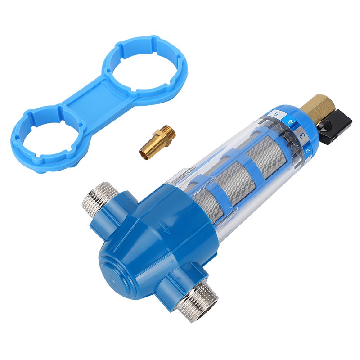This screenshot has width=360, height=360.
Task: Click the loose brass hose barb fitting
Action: pyautogui.click(x=157, y=142)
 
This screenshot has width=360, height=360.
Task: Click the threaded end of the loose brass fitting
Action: pyautogui.click(x=167, y=133)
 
